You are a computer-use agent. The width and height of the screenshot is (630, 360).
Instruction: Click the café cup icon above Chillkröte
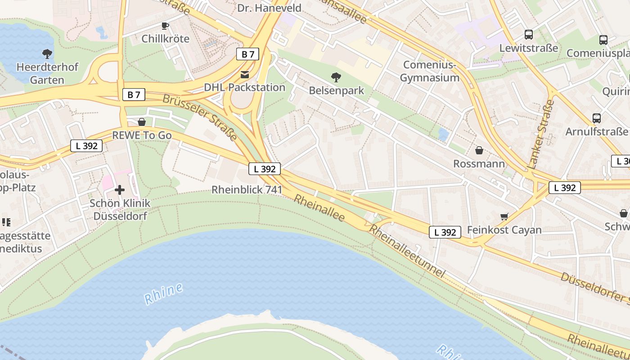click(165, 26)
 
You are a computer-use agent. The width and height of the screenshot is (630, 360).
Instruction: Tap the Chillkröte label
click(165, 39)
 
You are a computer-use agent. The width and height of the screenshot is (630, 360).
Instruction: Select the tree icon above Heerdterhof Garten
click(47, 54)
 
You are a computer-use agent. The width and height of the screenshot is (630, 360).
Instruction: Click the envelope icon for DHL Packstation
click(244, 74)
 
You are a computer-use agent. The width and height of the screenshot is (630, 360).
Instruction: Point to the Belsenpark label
click(336, 90)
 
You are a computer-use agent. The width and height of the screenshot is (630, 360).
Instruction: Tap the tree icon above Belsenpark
click(336, 77)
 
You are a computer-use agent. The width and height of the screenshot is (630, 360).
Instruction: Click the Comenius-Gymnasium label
click(429, 72)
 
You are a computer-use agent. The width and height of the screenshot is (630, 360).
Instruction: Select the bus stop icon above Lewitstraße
click(528, 35)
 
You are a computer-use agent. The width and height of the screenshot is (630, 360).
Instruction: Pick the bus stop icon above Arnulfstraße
click(596, 118)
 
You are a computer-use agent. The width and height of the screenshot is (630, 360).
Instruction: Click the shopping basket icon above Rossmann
click(479, 150)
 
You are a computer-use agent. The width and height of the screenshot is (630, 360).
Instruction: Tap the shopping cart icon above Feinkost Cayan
click(504, 216)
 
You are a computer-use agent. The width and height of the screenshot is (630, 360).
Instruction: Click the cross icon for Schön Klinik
click(119, 190)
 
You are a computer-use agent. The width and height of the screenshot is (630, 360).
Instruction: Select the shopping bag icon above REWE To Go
click(142, 122)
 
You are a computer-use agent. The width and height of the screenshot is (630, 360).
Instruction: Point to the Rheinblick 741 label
click(247, 190)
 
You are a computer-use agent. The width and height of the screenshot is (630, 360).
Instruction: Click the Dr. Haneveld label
click(269, 8)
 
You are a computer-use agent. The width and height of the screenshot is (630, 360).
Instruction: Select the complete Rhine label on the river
click(164, 292)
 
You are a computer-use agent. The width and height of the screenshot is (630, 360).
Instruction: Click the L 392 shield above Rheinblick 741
click(265, 169)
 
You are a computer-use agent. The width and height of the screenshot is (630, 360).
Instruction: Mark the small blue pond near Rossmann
click(443, 134)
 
